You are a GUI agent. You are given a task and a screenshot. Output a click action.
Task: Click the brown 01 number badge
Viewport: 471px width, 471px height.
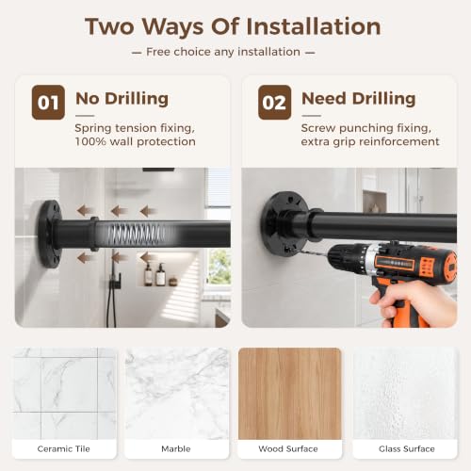pyautogui.click(x=48, y=103)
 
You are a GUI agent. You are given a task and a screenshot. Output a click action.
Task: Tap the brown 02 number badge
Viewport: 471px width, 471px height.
pyautogui.click(x=274, y=103)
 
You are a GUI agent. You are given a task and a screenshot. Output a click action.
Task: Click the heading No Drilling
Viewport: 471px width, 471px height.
pyautogui.click(x=122, y=99)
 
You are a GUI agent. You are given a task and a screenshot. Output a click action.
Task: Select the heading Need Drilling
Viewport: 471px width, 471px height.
pyautogui.click(x=359, y=99)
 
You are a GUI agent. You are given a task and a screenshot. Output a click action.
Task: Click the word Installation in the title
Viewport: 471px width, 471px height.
pyautogui.click(x=314, y=26)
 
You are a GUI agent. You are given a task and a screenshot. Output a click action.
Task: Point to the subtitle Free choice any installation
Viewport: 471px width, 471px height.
pyautogui.click(x=223, y=52)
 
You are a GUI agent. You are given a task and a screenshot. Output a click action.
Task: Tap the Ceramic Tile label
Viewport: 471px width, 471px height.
pyautogui.click(x=64, y=448)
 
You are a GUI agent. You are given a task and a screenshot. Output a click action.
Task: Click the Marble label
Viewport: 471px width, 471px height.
pyautogui.click(x=176, y=448)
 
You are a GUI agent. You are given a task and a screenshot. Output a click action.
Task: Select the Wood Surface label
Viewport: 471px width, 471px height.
pyautogui.click(x=288, y=448)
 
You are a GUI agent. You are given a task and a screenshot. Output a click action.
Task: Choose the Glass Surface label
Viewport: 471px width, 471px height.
pyautogui.click(x=407, y=448)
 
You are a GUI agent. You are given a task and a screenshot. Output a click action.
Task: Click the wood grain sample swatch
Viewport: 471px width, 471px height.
pyautogui.click(x=290, y=394)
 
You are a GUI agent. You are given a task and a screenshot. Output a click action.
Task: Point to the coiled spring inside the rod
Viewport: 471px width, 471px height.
pyautogui.click(x=138, y=235)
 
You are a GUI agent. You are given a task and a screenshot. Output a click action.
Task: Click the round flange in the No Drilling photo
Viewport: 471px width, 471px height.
pyautogui.click(x=49, y=234)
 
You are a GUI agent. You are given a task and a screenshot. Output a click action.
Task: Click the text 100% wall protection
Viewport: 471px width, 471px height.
pyautogui.click(x=136, y=141)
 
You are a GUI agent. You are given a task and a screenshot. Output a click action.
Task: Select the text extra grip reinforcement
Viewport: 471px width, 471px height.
pyautogui.click(x=370, y=141)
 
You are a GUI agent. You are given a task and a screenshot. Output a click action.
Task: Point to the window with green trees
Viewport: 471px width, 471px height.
pyautogui.click(x=219, y=268)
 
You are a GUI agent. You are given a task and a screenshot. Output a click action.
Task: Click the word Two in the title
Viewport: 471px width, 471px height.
pyautogui.click(x=109, y=26)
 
